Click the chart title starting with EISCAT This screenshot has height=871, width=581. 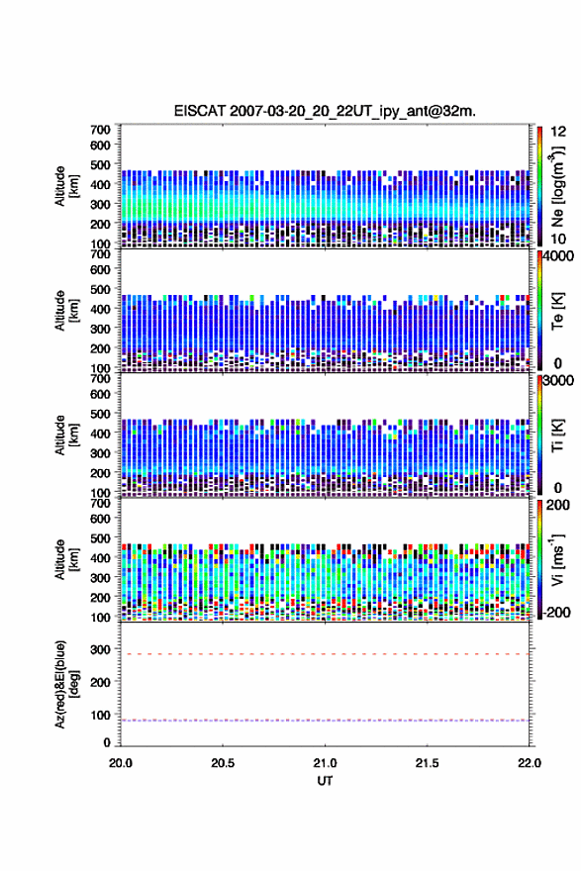(325, 111)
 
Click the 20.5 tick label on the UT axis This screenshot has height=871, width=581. (223, 763)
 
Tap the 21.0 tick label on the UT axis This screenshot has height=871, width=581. (325, 763)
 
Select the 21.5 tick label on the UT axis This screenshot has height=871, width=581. (427, 763)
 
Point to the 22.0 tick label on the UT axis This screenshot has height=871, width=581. (529, 763)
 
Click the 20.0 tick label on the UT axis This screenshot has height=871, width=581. (121, 763)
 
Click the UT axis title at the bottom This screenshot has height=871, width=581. (325, 781)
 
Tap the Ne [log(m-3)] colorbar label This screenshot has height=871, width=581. (557, 187)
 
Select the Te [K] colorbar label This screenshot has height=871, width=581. (557, 311)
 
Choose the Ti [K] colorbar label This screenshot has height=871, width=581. (557, 435)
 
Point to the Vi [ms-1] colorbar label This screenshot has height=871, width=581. (557, 559)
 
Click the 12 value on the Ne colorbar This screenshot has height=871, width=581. (559, 132)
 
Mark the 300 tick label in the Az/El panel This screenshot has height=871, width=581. (101, 649)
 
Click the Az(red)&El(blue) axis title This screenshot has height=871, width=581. (66, 684)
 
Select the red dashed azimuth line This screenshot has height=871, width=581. (325, 654)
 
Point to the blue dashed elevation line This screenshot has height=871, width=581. (325, 721)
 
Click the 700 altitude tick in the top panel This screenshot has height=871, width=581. (101, 130)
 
